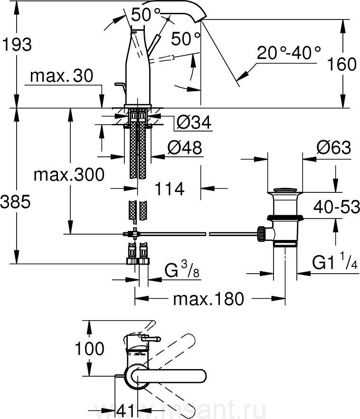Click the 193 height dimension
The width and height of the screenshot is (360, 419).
coord(17,45)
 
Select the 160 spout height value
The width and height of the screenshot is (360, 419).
coord(341,64)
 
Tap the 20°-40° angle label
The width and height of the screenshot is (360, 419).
coord(289,52)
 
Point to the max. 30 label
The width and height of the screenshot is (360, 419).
coord(62,76)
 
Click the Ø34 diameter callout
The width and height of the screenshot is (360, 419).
coord(194,123)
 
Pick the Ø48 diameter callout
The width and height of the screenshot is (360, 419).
coord(185,147)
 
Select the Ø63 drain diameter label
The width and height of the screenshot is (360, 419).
coord(334,147)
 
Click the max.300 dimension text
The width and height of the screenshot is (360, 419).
coord(69,175)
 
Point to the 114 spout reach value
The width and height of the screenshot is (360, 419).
coord(170,189)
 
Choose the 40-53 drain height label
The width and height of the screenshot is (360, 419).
coord(337,207)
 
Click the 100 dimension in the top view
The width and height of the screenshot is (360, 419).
coord(89,349)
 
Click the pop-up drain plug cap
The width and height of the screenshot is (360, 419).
coord(285,190)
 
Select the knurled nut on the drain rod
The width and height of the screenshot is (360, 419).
coord(262,234)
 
